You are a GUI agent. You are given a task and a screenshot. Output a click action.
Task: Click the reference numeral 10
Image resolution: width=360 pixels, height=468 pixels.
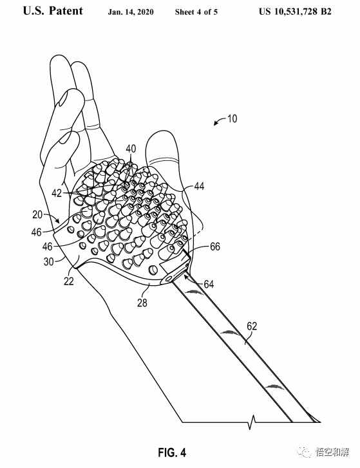click(232, 119)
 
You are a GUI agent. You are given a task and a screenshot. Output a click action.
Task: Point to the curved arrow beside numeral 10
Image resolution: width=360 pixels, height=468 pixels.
click(219, 121)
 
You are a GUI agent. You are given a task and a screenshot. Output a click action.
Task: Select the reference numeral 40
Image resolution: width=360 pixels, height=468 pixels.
click(131, 149)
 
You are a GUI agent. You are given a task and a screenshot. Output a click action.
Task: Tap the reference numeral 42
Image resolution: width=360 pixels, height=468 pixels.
click(57, 193)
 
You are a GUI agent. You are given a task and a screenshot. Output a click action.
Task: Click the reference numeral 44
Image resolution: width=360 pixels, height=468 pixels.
click(199, 186)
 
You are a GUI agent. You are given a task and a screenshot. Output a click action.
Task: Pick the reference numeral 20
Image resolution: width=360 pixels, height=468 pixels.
click(37, 214)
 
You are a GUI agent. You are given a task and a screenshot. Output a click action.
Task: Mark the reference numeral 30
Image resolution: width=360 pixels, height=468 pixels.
click(49, 262)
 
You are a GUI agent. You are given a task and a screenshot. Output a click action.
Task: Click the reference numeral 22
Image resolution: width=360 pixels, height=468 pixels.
click(69, 281)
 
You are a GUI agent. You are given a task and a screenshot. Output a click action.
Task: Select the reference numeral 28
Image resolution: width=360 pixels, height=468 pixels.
click(142, 303)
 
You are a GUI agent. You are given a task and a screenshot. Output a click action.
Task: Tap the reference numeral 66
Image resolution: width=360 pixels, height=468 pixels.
click(215, 247)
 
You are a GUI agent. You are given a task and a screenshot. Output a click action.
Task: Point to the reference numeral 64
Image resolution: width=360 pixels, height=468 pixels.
click(209, 284)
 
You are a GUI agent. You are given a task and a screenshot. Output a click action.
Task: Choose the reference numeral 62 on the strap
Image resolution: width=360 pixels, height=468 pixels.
click(252, 326)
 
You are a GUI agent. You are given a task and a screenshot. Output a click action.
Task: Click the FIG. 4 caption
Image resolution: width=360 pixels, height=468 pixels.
click(172, 453)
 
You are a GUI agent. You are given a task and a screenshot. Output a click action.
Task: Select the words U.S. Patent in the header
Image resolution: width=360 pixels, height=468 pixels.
click(53, 11)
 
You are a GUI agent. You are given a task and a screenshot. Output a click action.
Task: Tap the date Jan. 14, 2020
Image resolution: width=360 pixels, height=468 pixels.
click(131, 12)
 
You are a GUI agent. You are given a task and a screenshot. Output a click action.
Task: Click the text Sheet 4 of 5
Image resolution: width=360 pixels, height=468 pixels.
click(196, 12)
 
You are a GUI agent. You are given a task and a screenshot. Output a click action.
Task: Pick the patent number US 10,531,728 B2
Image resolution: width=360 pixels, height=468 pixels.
click(295, 12)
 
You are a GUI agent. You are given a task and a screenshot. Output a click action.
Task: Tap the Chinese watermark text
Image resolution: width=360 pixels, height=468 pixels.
click(332, 453)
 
